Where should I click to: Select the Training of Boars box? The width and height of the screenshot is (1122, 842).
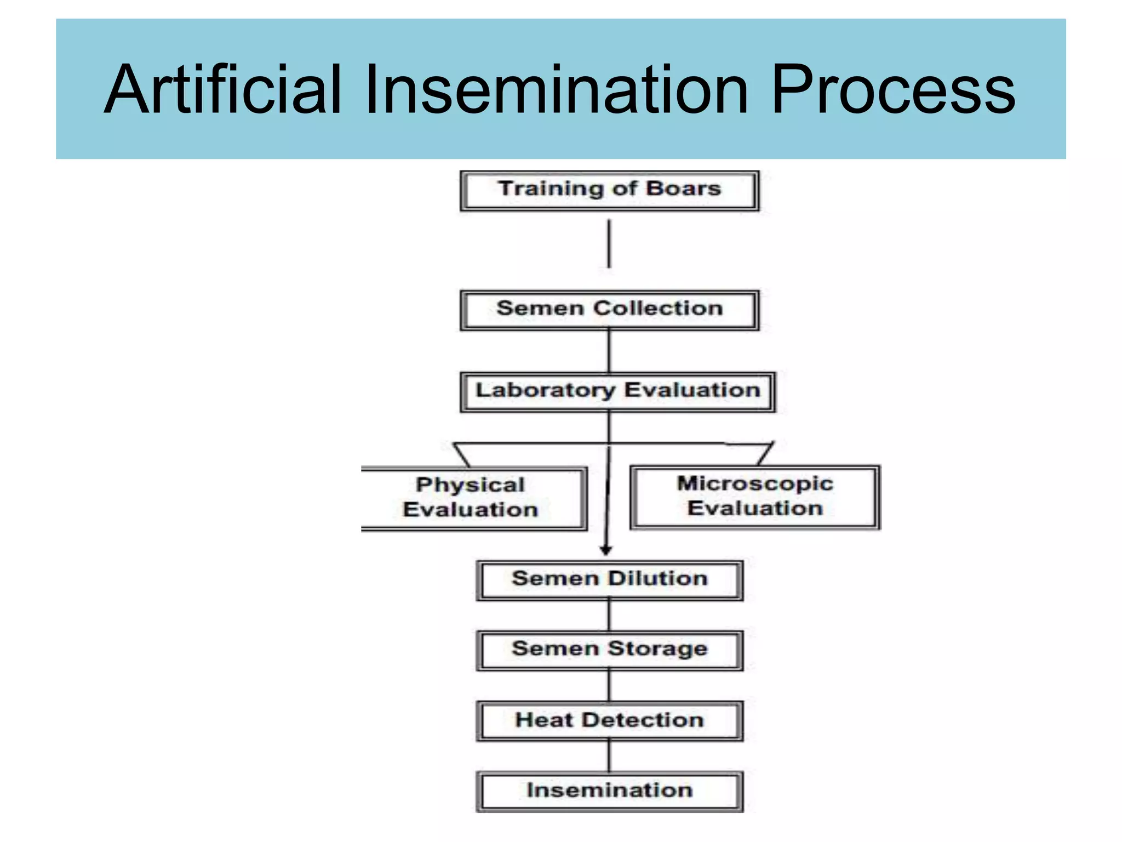[609, 190]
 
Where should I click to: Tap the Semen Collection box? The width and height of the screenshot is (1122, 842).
[609, 310]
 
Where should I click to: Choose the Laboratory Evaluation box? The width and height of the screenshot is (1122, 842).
[617, 391]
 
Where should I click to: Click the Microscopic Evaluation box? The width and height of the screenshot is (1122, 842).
[754, 497]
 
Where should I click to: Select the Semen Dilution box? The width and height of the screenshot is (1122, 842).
[609, 580]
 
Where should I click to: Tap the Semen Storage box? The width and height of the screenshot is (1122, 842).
[609, 650]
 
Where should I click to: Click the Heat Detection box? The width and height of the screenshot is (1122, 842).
[609, 721]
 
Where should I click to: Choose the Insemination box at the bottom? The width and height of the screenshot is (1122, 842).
[609, 791]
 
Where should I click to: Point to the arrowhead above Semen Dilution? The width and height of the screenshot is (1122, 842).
[605, 550]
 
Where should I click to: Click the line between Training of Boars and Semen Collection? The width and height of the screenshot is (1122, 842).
[609, 244]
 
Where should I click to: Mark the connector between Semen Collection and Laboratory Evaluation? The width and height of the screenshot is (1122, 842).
[609, 351]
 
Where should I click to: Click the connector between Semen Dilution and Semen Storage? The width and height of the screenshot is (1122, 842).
[609, 616]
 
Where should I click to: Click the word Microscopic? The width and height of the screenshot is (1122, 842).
[755, 483]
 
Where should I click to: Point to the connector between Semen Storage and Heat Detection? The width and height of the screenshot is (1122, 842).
[609, 686]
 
